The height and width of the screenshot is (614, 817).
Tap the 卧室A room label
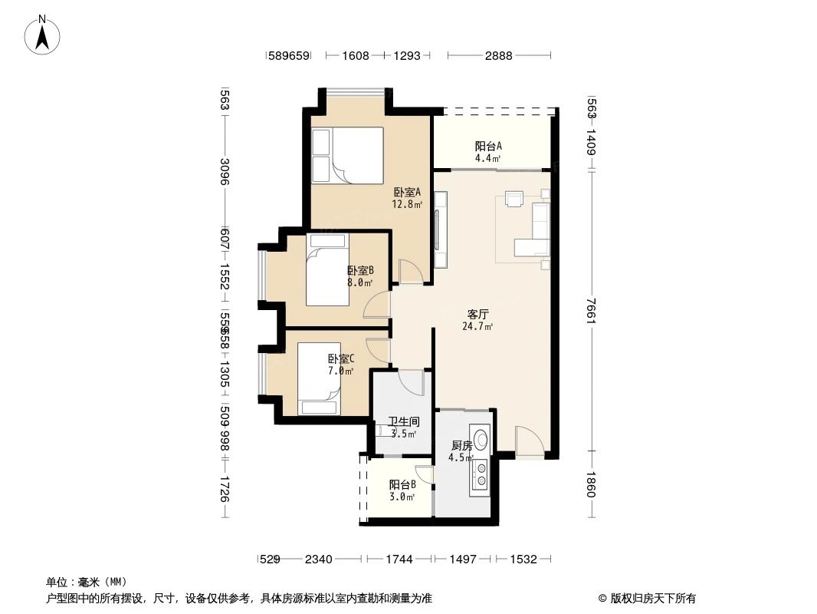click(x=407, y=193)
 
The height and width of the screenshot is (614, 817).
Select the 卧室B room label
click(x=359, y=270)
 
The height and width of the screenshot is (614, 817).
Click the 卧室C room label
click(x=340, y=359)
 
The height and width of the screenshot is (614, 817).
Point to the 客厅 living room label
click(x=478, y=314)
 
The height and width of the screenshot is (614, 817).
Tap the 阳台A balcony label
click(x=488, y=147)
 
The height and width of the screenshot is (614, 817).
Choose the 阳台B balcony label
click(x=402, y=485)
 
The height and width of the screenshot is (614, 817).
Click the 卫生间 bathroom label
click(x=403, y=422)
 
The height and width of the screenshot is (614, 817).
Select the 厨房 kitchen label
click(x=461, y=446)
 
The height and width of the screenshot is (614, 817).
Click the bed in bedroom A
click(x=347, y=155)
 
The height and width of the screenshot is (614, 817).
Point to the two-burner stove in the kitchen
click(x=481, y=474)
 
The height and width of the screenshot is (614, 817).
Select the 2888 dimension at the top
click(x=498, y=55)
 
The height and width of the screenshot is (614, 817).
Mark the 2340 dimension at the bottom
click(x=318, y=559)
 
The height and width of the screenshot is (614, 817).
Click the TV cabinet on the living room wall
click(x=441, y=229)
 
